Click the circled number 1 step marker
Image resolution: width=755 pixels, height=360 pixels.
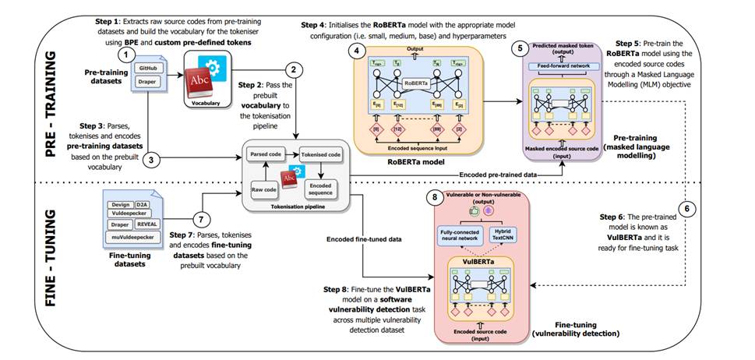pos(122,56)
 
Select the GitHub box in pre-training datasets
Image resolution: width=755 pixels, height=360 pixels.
pos(146,69)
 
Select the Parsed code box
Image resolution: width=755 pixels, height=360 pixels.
pos(266,154)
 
